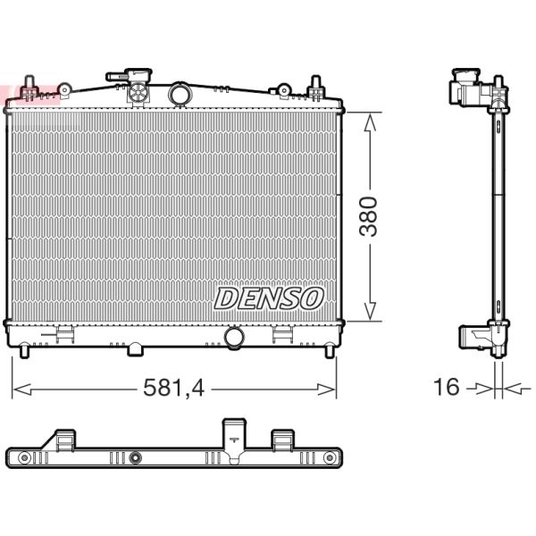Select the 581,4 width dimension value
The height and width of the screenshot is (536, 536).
click(173, 388)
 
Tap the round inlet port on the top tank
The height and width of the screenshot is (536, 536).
click(180, 94)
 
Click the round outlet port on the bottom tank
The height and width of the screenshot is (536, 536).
click(235, 338)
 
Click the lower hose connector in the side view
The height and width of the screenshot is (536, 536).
click(473, 337)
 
